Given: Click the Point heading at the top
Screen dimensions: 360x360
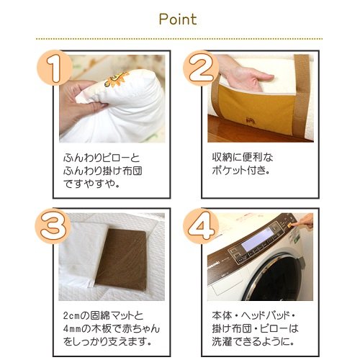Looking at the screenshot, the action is pos(178,19).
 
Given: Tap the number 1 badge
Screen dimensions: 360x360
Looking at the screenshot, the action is pos(55,68).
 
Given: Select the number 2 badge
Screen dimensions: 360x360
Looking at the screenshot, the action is pos(201,68).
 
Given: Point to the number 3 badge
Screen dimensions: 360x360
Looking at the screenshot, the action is pos(53,226).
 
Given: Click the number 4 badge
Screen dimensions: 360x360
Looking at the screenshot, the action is pos(201,226).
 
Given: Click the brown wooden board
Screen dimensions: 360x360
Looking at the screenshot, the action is pos(121,259).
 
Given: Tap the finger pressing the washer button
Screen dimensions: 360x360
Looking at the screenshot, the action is pos(302,221).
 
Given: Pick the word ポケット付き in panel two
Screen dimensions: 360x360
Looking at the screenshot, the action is pos(240,171).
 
